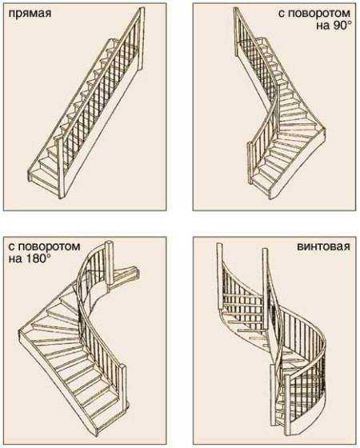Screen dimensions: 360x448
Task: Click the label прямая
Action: (30, 14)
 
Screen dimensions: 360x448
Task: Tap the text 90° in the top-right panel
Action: (341, 26)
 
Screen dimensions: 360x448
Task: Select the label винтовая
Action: (324, 246)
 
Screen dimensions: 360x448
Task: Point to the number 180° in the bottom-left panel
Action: (36, 259)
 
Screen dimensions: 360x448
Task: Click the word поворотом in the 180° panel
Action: (49, 246)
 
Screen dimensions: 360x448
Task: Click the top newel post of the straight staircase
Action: (141, 40)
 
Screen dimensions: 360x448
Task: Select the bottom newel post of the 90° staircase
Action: (250, 163)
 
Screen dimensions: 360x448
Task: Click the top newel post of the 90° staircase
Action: (237, 32)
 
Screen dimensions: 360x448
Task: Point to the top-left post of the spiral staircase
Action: (220, 276)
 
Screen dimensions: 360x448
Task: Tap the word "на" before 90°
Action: (322, 26)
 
